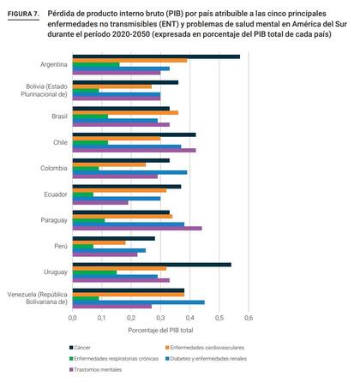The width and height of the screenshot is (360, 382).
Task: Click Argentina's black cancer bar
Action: (x=156, y=57)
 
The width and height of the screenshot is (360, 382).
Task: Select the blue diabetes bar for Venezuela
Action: (x=139, y=302)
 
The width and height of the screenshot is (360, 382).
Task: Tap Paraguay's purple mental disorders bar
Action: (x=137, y=229)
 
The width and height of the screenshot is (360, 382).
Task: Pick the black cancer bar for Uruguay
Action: (x=152, y=265)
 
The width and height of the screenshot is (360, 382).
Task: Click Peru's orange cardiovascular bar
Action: (x=99, y=242)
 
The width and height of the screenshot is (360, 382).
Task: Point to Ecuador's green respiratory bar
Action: (x=83, y=194)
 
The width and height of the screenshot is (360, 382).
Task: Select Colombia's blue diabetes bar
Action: (x=130, y=172)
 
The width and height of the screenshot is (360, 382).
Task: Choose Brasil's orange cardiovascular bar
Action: (x=125, y=113)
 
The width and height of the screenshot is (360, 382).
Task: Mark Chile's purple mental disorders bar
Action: (x=135, y=150)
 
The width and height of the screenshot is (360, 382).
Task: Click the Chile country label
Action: (x=60, y=142)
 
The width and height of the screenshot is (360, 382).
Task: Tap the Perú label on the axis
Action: (x=61, y=246)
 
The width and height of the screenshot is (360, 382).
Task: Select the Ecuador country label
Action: (x=56, y=194)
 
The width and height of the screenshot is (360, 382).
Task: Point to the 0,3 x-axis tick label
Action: (x=160, y=318)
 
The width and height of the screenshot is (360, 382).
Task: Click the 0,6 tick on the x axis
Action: (x=249, y=318)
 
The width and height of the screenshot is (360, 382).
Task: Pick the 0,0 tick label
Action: (x=73, y=318)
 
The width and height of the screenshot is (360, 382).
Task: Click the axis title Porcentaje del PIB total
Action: (x=160, y=331)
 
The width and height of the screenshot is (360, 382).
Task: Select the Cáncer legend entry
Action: (x=80, y=348)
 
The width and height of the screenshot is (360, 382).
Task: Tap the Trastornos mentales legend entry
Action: (x=96, y=370)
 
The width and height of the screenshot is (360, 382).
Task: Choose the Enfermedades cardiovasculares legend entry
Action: (x=205, y=348)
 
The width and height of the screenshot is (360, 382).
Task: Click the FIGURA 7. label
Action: (x=23, y=14)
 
